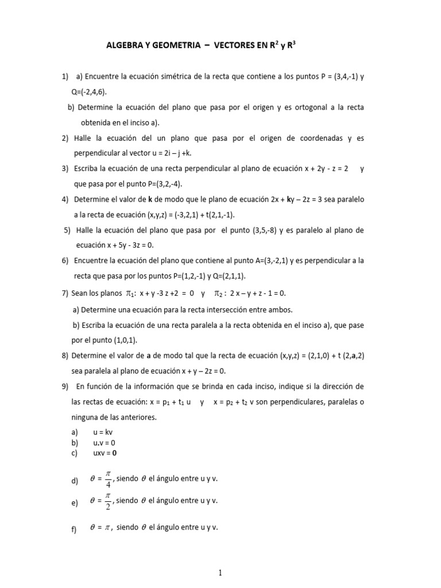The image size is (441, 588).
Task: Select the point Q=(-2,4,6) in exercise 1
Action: point(91,92)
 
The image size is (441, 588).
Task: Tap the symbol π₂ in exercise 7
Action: point(220,293)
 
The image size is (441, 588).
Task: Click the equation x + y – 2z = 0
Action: point(194,370)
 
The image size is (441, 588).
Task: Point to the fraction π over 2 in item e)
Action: point(107,501)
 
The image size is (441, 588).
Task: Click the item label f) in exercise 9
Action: point(74,529)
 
